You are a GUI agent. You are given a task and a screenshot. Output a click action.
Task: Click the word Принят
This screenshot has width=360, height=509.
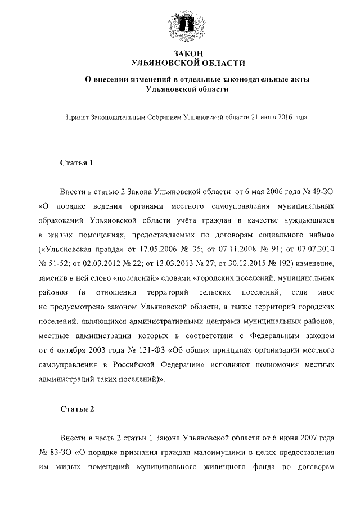tap(77, 118)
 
